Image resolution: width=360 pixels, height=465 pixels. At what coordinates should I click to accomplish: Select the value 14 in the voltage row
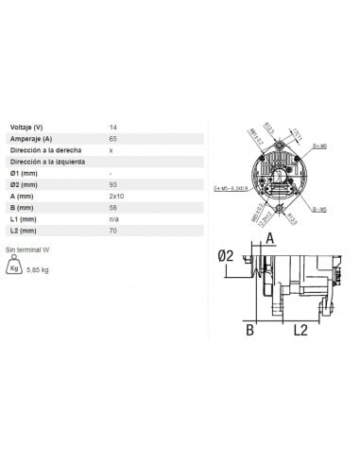pos(113,127)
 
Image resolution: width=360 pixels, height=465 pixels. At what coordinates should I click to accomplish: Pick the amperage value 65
pos(113,138)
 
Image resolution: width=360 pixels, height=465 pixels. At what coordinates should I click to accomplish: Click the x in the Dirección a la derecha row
pos(111,150)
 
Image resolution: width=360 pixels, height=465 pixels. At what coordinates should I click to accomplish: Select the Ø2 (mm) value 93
pos(113,185)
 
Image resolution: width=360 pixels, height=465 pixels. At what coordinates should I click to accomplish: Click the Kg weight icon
pos(14,267)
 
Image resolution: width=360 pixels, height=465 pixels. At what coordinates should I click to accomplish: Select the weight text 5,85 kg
pos(41,270)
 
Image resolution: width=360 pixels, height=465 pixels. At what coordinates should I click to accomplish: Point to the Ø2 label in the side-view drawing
pos(225,255)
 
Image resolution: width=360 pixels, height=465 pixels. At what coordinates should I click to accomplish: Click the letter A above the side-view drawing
pos(268,238)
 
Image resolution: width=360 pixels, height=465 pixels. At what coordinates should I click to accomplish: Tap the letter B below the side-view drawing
pos(250,329)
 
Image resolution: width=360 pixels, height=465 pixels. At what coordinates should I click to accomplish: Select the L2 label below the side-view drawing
pos(300,329)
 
